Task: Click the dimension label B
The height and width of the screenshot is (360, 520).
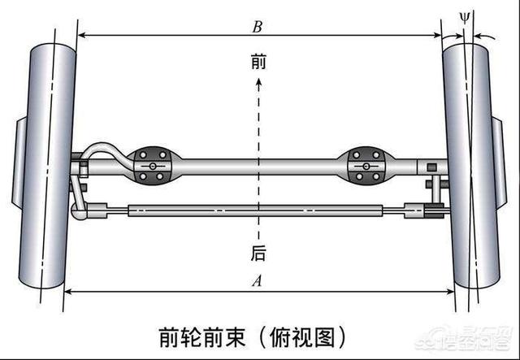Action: pyautogui.click(x=257, y=27)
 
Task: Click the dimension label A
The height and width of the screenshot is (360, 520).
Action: pyautogui.click(x=258, y=282)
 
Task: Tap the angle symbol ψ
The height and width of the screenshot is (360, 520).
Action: pyautogui.click(x=465, y=15)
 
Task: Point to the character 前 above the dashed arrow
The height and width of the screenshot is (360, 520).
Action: pyautogui.click(x=258, y=62)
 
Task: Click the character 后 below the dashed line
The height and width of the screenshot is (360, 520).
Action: pyautogui.click(x=258, y=254)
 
